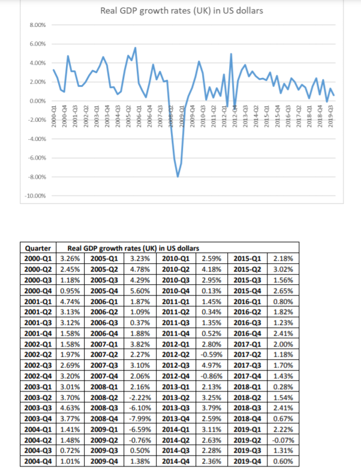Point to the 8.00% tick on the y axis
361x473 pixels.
coord(38,25)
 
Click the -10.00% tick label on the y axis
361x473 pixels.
coord(37,196)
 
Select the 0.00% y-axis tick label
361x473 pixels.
coord(38,101)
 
